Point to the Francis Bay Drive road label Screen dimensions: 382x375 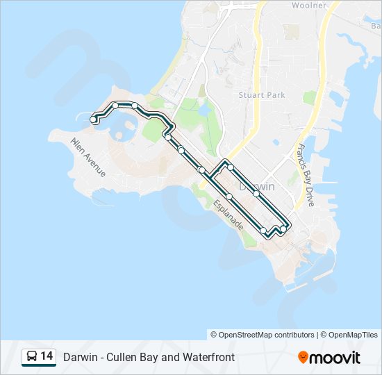pyautogui.click(x=304, y=176)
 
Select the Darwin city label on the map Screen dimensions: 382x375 pyautogui.click(x=257, y=187)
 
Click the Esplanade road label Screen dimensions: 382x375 pyautogui.click(x=228, y=215)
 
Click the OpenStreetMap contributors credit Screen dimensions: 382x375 pyautogui.click(x=267, y=335)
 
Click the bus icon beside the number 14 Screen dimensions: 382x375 pyautogui.click(x=32, y=356)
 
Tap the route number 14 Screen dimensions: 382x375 pyautogui.click(x=47, y=356)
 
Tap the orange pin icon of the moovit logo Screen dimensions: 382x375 pyautogui.click(x=304, y=357)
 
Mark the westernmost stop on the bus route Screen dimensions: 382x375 pyautogui.click(x=94, y=119)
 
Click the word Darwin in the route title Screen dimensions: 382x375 pyautogui.click(x=80, y=358)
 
